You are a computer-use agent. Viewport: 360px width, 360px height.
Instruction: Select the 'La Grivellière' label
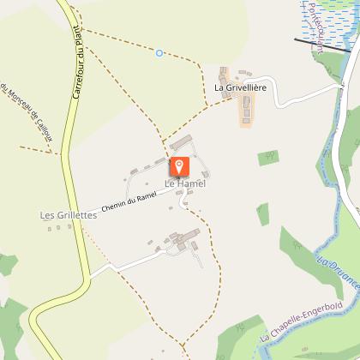(242, 88)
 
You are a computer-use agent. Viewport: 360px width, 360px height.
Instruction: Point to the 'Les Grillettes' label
(68, 216)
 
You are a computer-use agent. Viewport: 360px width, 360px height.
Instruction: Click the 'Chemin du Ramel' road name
(133, 201)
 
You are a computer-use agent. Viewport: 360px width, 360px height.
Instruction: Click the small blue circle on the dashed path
(159, 53)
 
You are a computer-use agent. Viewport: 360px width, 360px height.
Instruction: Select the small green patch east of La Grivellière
(269, 157)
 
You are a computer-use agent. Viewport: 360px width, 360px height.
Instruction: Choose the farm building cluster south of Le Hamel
(182, 242)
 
